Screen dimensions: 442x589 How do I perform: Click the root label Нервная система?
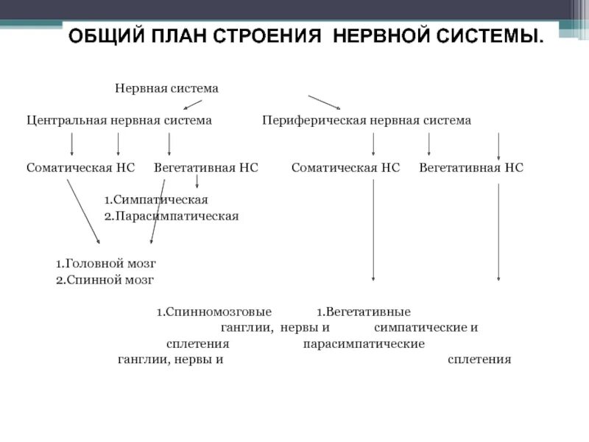click(x=166, y=88)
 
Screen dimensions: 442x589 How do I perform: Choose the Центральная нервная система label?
click(x=119, y=120)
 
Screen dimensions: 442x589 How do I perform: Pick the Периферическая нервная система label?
click(x=367, y=120)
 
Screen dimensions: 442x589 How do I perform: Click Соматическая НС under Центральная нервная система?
click(x=81, y=168)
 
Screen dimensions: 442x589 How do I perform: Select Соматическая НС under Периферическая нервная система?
click(x=345, y=168)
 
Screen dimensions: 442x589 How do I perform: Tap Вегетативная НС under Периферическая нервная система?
click(x=471, y=168)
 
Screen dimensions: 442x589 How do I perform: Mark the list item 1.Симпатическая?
click(x=155, y=200)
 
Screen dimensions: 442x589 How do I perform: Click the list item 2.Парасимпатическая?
click(x=171, y=216)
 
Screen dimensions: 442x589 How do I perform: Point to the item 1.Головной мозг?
click(x=106, y=263)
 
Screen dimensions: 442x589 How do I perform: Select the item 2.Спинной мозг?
click(x=105, y=280)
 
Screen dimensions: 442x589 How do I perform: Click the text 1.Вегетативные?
click(x=364, y=312)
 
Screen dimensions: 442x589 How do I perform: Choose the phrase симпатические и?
click(x=426, y=327)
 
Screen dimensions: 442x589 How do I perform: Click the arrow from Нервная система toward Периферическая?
click(x=324, y=102)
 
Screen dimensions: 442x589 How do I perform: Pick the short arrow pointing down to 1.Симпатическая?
click(x=197, y=180)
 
